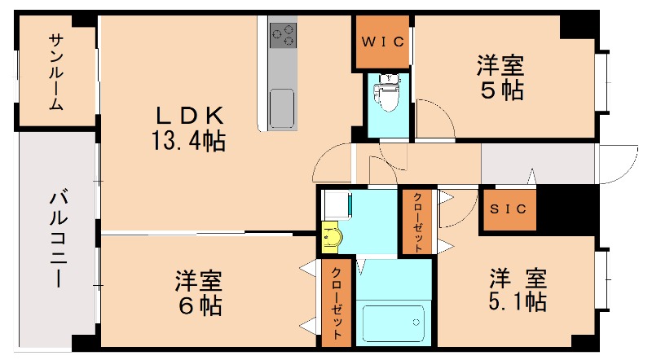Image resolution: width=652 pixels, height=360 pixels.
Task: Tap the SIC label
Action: click(x=509, y=209)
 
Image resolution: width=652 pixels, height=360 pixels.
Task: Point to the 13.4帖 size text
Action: click(x=187, y=141)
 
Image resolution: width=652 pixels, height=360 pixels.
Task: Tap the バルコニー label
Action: click(x=57, y=236)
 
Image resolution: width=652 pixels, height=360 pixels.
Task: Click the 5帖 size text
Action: click(x=500, y=90)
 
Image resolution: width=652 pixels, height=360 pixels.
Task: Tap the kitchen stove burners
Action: click(x=284, y=34)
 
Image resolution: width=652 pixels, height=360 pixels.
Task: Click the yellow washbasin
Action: click(x=332, y=236)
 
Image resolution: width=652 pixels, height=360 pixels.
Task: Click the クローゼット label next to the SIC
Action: click(x=416, y=221)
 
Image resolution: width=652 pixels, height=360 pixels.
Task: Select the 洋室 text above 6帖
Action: click(x=198, y=281)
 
